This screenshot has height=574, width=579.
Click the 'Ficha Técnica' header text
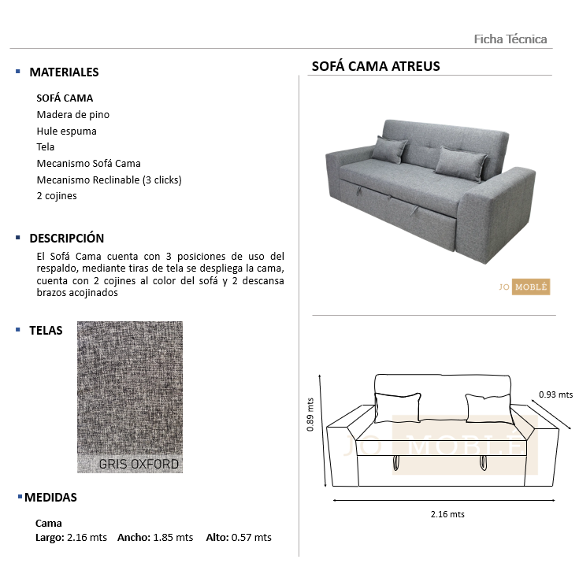click(x=510, y=39)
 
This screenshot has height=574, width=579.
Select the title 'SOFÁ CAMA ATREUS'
click(x=376, y=66)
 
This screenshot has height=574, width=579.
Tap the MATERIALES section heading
click(x=64, y=72)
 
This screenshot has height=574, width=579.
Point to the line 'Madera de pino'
click(x=73, y=115)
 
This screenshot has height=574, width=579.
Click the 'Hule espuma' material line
click(x=67, y=131)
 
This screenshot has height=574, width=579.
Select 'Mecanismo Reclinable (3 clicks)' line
click(x=109, y=180)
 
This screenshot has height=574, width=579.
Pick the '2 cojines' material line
click(x=57, y=196)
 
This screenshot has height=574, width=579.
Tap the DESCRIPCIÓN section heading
click(x=66, y=238)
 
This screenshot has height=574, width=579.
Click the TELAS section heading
click(x=46, y=331)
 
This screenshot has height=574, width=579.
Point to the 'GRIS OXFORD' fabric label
click(x=139, y=464)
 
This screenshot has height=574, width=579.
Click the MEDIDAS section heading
click(x=50, y=498)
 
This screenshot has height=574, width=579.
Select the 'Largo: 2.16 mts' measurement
click(x=71, y=538)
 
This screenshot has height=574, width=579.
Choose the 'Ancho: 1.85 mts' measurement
click(x=155, y=538)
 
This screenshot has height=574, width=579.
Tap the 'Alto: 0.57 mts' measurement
click(x=239, y=538)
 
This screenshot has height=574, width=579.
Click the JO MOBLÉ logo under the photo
click(x=524, y=287)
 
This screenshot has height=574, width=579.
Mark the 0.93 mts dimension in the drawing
click(x=555, y=395)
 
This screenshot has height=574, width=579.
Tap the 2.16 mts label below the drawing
click(x=447, y=514)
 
